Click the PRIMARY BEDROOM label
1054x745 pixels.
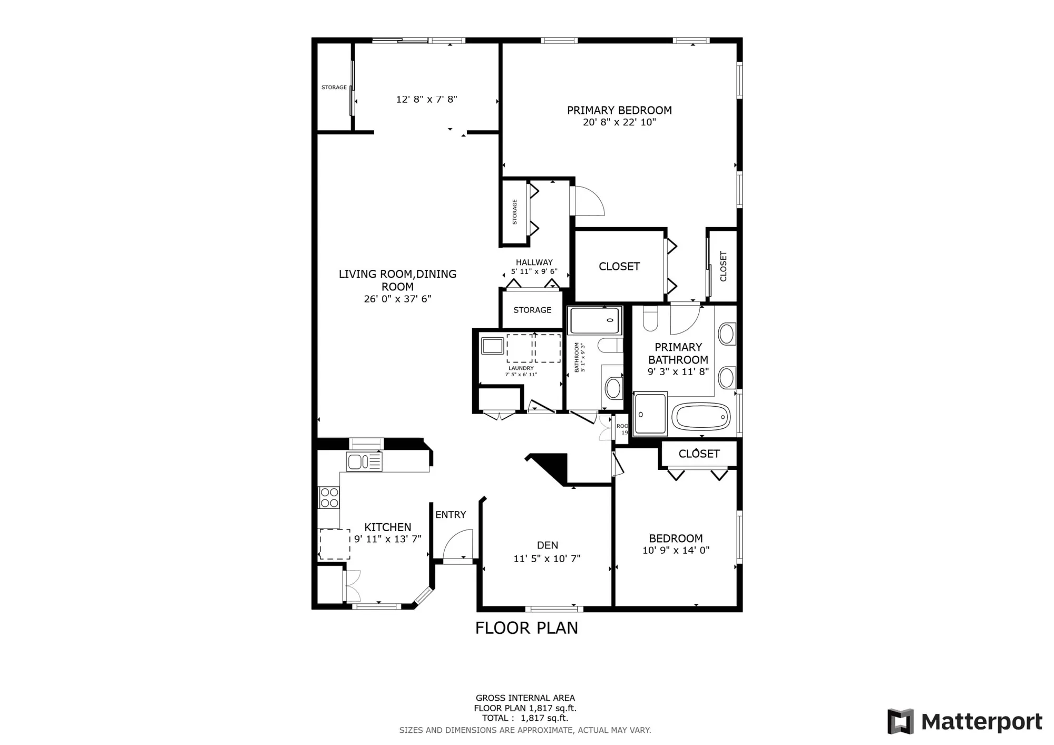pyautogui.click(x=619, y=110)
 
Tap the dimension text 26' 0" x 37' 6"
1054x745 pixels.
pyautogui.click(x=397, y=299)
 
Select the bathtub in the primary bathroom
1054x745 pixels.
pyautogui.click(x=701, y=417)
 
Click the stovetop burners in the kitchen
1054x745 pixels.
pyautogui.click(x=329, y=497)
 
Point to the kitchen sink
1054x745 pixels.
pyautogui.click(x=364, y=462)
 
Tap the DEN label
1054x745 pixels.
pyautogui.click(x=547, y=545)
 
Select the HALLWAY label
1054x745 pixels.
pyautogui.click(x=534, y=262)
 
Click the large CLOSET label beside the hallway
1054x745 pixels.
pyautogui.click(x=619, y=267)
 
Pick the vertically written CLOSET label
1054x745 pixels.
pyautogui.click(x=723, y=266)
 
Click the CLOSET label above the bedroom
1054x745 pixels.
pyautogui.click(x=699, y=454)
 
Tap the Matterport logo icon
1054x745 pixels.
pyautogui.click(x=900, y=721)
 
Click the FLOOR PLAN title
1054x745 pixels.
pyautogui.click(x=526, y=628)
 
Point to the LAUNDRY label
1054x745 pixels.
pyautogui.click(x=521, y=368)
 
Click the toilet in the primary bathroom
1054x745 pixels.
pyautogui.click(x=651, y=319)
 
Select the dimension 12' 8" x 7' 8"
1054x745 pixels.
pyautogui.click(x=426, y=99)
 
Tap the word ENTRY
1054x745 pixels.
pyautogui.click(x=451, y=515)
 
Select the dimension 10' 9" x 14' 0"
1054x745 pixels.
pyautogui.click(x=676, y=551)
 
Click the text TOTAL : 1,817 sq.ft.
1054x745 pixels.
pyautogui.click(x=525, y=718)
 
